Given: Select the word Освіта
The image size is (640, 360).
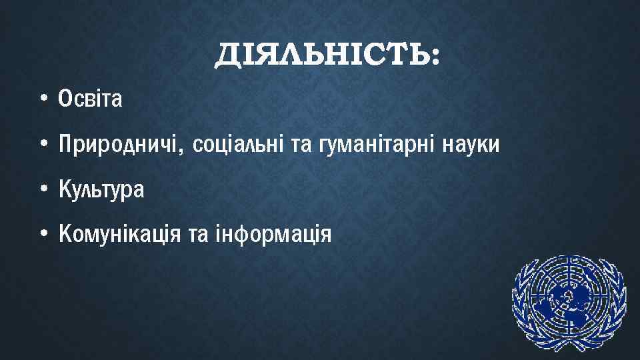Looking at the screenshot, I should point(91,99).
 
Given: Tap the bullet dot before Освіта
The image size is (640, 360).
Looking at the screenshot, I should point(43,100).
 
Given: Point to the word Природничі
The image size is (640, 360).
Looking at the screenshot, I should point(118,145).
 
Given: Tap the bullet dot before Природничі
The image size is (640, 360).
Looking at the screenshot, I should point(43,145).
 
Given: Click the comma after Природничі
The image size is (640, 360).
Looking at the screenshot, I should point(181,151).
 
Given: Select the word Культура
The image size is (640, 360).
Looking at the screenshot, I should point(101,190).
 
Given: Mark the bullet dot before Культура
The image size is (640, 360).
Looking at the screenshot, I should point(43,190).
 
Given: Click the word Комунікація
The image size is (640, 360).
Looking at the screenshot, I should point(117,234).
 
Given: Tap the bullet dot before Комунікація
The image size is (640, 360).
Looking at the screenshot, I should point(43,234).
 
